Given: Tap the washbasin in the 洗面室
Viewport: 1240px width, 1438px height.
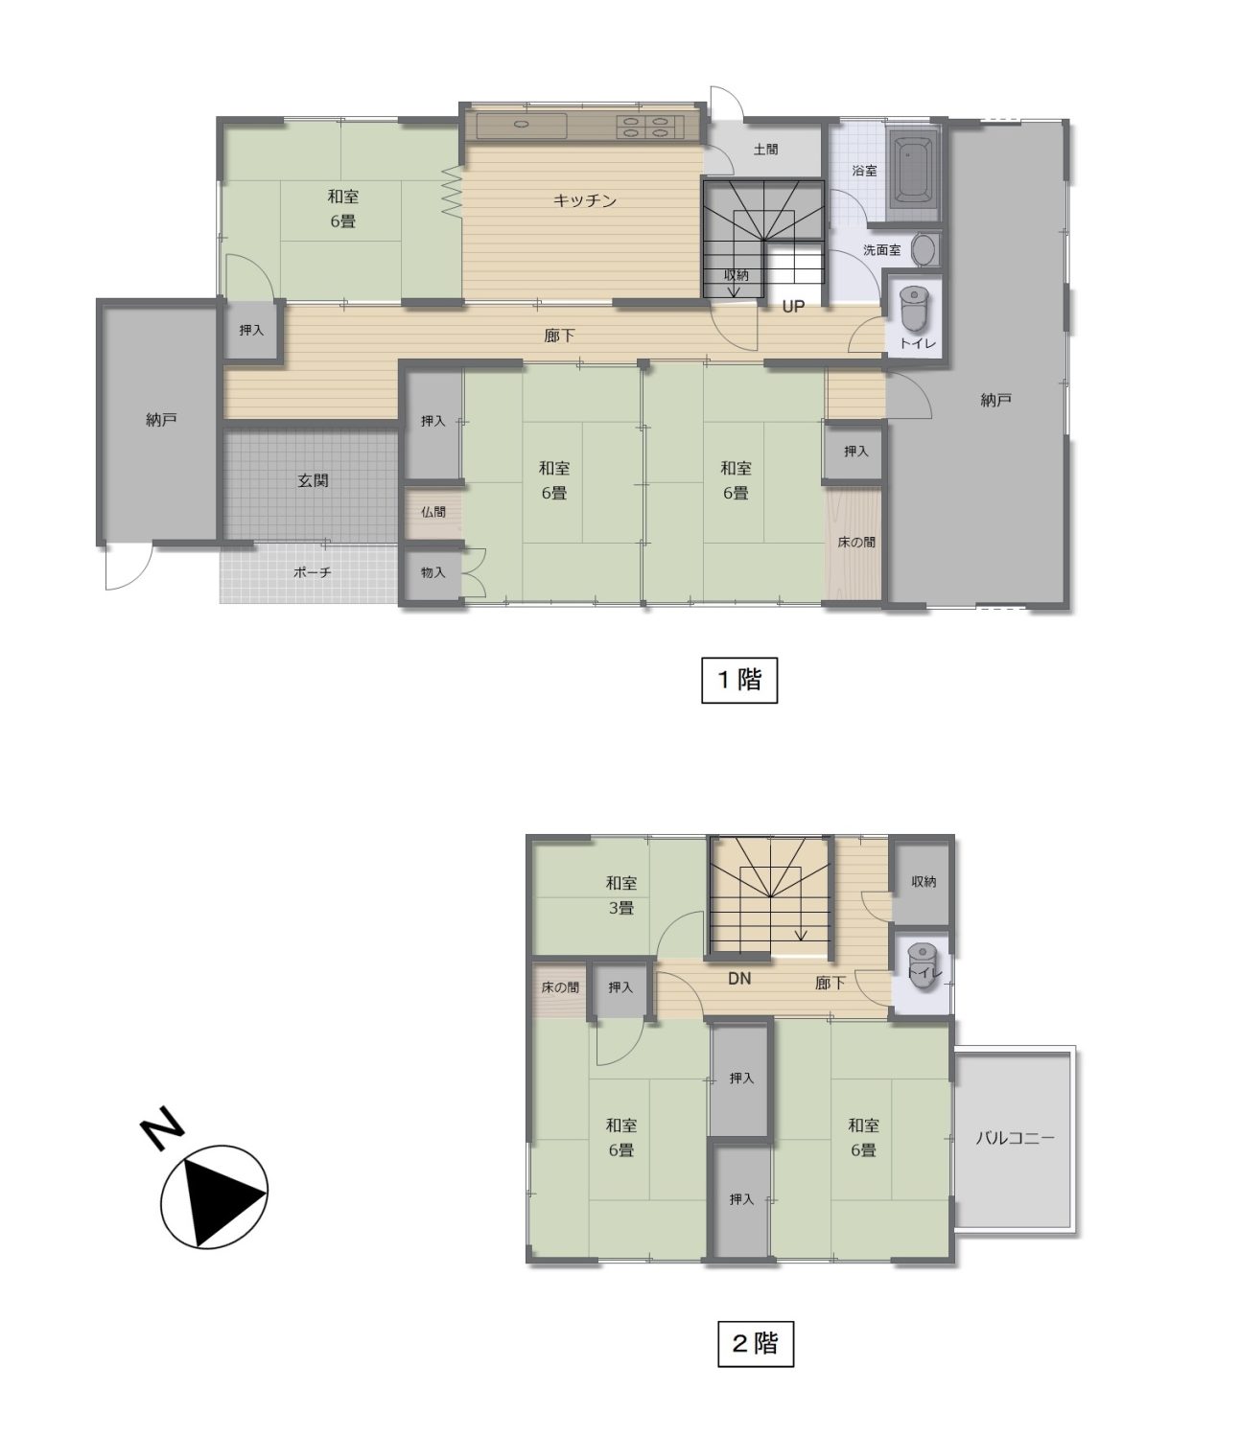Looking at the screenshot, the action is pyautogui.click(x=924, y=250).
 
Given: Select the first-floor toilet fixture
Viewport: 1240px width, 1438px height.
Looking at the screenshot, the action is pyautogui.click(x=914, y=308).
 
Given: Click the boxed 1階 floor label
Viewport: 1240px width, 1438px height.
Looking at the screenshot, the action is pyautogui.click(x=739, y=680).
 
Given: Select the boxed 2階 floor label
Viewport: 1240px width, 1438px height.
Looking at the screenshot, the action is pyautogui.click(x=755, y=1343).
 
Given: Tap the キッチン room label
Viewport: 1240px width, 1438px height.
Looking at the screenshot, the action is pyautogui.click(x=584, y=201).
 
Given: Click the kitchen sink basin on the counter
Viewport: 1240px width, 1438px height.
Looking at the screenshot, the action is pyautogui.click(x=522, y=126).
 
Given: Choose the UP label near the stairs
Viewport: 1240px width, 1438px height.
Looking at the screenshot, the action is pyautogui.click(x=793, y=307).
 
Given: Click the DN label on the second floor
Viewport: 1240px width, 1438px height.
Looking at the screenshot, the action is pyautogui.click(x=739, y=978).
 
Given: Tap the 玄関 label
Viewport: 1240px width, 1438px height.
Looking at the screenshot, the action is pyautogui.click(x=314, y=480).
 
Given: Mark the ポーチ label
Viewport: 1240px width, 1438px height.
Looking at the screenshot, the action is pyautogui.click(x=312, y=572).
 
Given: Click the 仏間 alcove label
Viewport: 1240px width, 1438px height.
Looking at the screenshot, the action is pyautogui.click(x=433, y=512).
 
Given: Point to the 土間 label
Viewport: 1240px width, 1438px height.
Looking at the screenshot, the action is pyautogui.click(x=765, y=149).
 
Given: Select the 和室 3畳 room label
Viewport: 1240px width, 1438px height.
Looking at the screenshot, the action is pyautogui.click(x=620, y=895).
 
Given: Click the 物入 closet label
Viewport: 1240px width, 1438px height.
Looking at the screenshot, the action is pyautogui.click(x=433, y=572).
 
